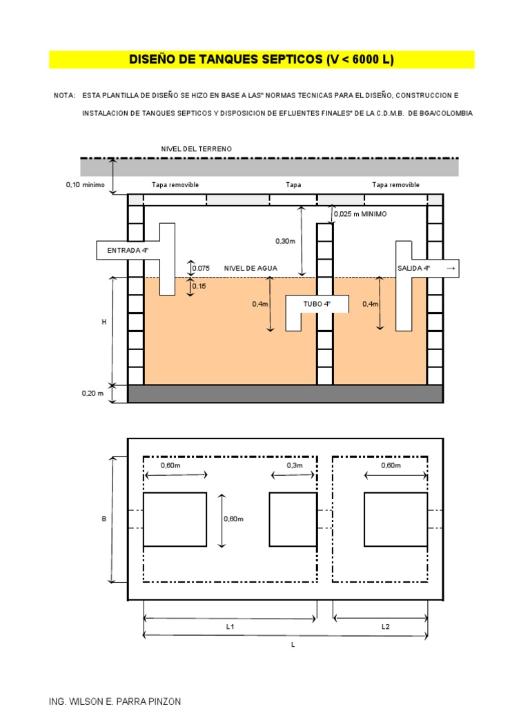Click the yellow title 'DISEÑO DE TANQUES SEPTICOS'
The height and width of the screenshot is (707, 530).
pos(262,59)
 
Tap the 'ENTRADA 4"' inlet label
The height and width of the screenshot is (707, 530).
pos(127,251)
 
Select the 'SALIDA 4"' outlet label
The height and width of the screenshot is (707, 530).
pos(414,268)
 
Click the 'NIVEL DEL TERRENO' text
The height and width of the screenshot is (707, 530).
pos(196,149)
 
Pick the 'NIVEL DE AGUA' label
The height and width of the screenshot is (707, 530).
pos(246,268)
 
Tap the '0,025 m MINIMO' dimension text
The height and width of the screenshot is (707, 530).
pos(360,214)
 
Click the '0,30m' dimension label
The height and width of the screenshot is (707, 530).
pos(285,241)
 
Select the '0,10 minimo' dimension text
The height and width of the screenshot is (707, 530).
pos(85,185)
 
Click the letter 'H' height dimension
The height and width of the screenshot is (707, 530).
pos(104,322)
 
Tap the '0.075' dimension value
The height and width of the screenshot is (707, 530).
pos(201,268)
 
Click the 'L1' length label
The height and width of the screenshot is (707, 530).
pos(230,627)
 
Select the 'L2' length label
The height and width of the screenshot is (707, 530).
pos(386,627)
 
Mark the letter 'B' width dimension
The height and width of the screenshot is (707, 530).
pos(104,519)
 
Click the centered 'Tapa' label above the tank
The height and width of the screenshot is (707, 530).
pos(293,185)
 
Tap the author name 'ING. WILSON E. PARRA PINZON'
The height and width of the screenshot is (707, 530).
pos(115,701)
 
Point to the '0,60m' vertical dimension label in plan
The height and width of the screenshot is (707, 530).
pos(235,519)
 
